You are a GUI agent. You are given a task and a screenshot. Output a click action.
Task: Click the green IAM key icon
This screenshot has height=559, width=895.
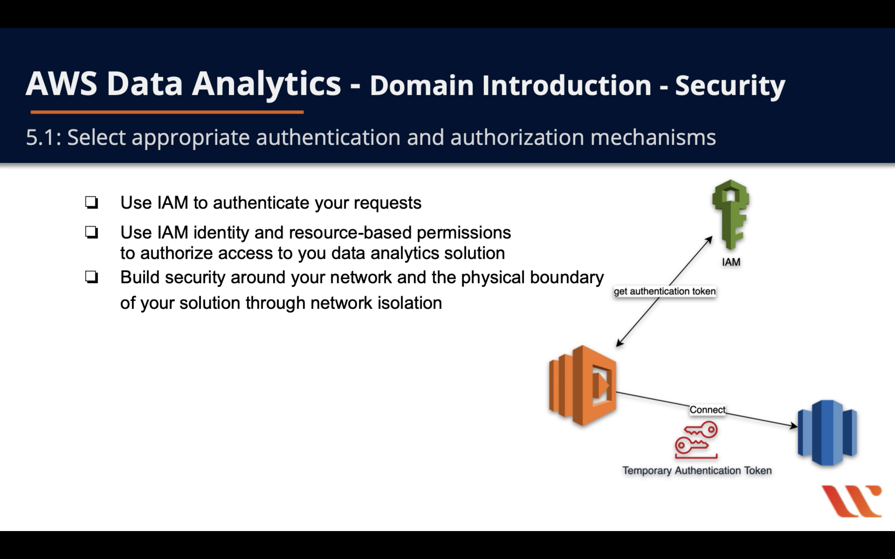click(731, 214)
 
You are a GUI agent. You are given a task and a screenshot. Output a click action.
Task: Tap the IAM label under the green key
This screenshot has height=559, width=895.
click(731, 262)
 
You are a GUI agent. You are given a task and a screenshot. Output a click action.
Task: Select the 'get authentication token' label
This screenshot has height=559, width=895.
click(665, 291)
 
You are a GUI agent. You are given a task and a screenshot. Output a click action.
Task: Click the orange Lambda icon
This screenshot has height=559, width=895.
click(583, 385)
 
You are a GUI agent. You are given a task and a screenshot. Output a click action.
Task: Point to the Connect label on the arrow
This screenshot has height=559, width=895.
click(707, 410)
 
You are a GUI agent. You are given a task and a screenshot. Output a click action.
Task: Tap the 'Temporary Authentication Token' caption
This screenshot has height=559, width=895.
click(697, 471)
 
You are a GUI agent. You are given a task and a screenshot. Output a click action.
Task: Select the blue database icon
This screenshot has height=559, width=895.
click(827, 432)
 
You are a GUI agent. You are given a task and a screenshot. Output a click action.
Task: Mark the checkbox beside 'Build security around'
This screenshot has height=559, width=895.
click(91, 277)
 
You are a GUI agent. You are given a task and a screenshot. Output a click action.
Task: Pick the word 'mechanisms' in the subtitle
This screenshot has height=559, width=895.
click(653, 138)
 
